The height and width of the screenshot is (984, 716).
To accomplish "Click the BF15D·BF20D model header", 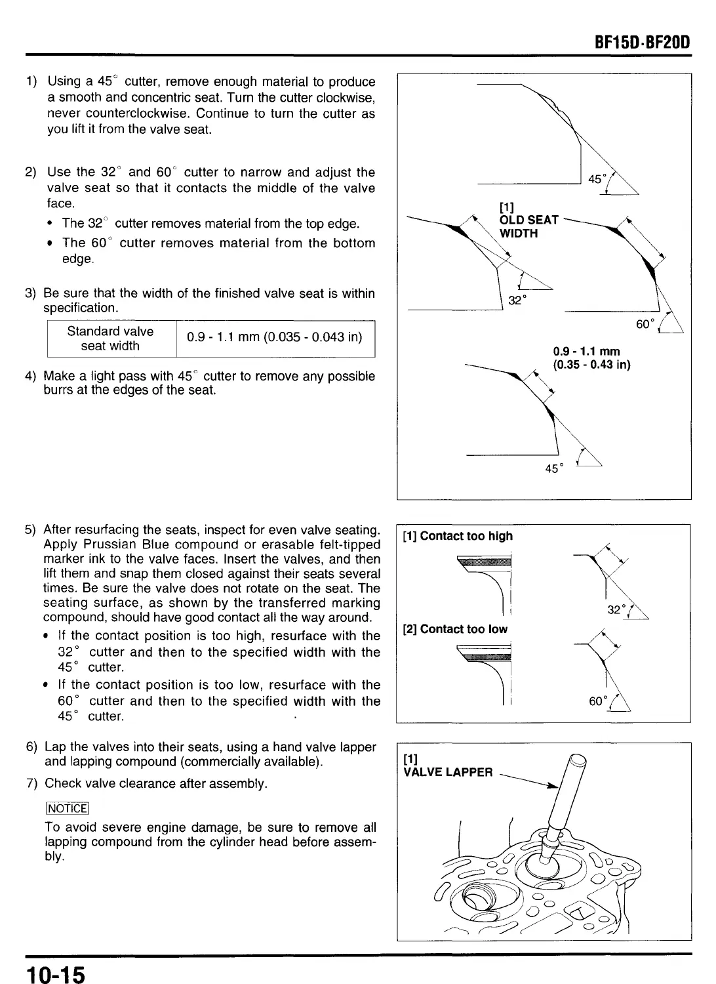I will [641, 44].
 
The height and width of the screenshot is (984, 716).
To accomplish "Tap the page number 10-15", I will [56, 974].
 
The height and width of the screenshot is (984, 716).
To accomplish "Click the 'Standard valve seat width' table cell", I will [110, 338].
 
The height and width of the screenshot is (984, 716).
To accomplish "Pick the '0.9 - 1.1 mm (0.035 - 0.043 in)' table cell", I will [275, 338].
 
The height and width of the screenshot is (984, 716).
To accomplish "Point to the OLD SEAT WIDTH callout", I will [528, 227].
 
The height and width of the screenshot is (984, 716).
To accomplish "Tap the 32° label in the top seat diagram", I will [517, 301].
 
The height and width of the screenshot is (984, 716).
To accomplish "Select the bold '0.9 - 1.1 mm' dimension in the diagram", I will [586, 352].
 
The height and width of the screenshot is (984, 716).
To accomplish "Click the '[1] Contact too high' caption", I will [458, 536].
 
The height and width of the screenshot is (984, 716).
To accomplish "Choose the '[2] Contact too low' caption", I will [455, 629].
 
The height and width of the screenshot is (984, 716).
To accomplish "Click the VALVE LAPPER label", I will [448, 772].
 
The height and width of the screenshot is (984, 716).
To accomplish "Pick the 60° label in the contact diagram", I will [597, 701].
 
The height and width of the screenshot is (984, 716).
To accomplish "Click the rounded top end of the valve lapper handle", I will [577, 762].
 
